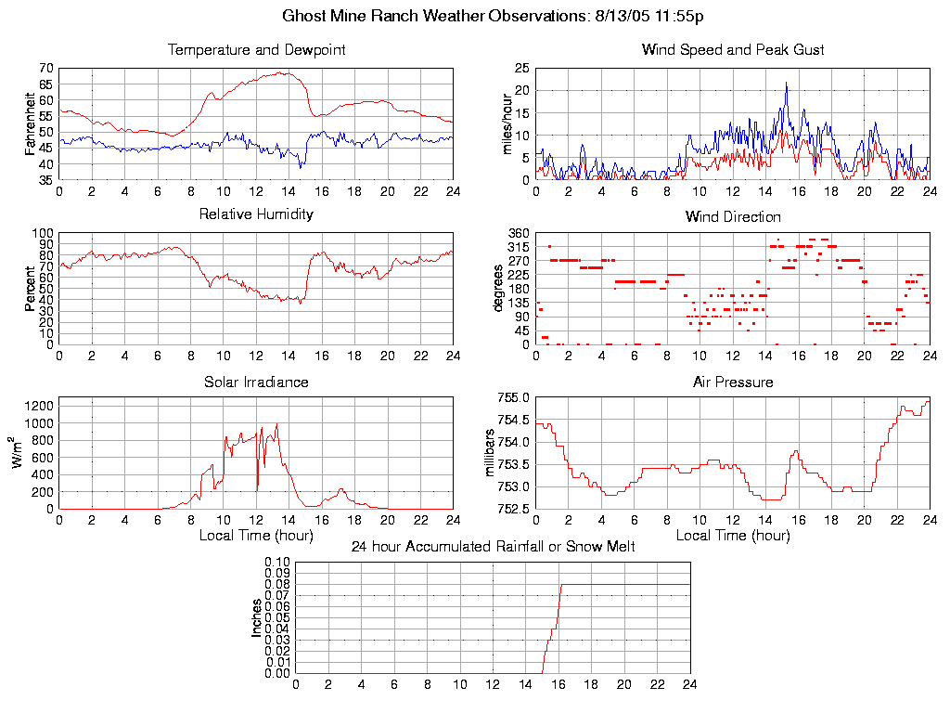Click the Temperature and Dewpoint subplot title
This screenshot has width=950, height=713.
pos(256,49)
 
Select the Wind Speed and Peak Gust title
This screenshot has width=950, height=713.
pos(733,49)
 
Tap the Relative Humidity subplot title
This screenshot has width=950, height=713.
pos(256,214)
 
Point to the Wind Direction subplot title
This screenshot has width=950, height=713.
pos(733,216)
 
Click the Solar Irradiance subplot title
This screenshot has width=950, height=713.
pos(256,382)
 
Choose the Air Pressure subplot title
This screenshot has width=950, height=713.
pos(733,382)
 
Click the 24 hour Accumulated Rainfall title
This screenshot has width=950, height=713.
pos(493,547)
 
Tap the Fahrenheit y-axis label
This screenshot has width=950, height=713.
pos(31,123)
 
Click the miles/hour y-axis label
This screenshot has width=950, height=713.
pos(507,123)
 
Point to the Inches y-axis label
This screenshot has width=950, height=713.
pos(257,617)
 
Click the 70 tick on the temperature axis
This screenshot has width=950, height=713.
pos(45,69)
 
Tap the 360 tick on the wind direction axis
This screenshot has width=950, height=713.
pos(518,233)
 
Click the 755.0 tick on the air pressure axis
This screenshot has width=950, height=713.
pos(514,398)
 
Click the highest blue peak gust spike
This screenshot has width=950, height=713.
pos(787,84)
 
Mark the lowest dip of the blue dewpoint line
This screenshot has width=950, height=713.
pos(301,166)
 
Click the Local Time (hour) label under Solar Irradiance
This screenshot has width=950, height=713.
pos(256,535)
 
